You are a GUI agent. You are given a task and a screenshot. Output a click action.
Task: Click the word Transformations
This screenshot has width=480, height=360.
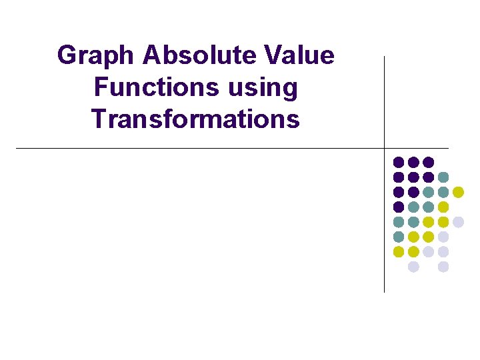196,119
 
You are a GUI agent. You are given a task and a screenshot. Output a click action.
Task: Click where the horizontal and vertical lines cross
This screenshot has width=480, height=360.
385,148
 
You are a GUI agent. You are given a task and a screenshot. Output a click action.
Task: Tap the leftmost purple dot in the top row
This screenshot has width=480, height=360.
399,162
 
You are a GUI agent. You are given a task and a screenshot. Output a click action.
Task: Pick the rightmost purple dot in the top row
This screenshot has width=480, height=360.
429,162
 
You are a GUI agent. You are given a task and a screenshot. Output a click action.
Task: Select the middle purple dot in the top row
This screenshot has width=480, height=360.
413,162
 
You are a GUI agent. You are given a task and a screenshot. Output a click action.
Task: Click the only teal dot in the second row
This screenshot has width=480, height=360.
443,177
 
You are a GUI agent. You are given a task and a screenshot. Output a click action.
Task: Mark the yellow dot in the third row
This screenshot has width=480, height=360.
459,192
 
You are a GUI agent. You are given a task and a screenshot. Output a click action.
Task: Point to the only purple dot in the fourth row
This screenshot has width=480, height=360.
399,207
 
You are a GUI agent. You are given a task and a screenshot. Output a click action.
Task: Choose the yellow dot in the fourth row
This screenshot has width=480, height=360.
443,207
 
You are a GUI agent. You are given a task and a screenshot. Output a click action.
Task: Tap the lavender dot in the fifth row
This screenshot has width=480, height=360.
459,222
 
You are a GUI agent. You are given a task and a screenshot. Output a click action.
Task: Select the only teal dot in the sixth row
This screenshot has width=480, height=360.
399,237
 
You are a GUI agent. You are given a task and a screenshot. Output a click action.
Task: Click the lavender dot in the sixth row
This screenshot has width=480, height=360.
443,237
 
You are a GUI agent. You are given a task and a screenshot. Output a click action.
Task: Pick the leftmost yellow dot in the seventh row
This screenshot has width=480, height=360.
399,251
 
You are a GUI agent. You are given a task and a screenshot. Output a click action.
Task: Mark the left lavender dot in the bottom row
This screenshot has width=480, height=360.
413,267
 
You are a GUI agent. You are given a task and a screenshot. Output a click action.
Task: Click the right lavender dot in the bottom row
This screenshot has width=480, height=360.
443,267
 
